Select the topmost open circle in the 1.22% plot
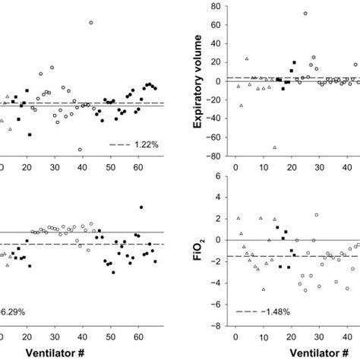coord(90,23)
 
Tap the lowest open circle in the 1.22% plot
coord(80,150)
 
